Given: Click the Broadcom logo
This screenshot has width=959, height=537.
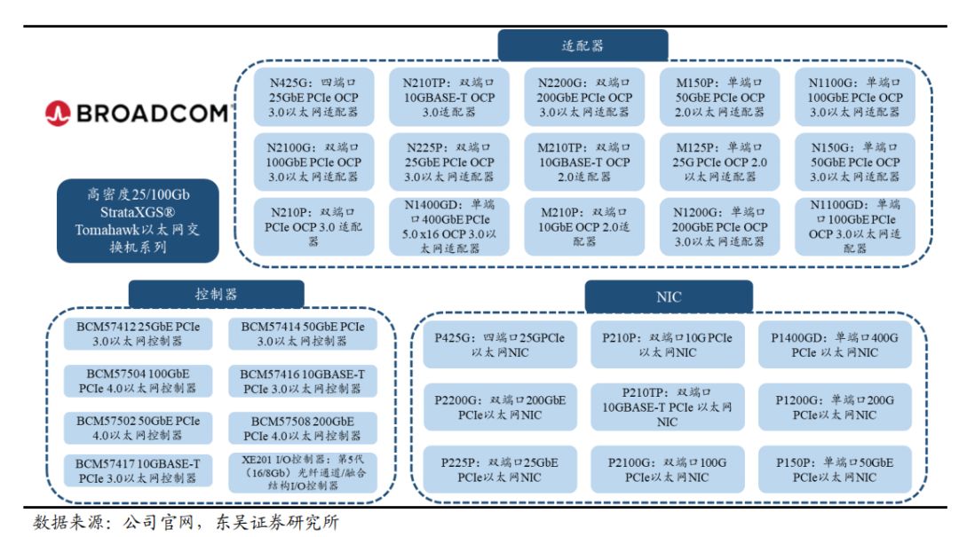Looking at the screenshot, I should [x=138, y=113].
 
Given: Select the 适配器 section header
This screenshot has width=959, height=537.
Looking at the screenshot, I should [x=582, y=46].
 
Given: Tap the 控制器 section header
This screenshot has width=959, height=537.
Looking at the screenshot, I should [x=216, y=294].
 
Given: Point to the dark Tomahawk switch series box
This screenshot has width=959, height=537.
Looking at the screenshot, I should [x=138, y=221].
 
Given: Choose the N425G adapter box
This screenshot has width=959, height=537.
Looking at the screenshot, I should [x=315, y=97].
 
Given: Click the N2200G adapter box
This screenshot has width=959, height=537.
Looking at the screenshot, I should [x=585, y=97].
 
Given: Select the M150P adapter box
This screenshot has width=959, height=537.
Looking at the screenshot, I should [x=719, y=97].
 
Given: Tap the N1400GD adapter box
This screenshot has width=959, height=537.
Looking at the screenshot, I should [x=449, y=226].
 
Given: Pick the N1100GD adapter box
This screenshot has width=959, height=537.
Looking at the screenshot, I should [x=854, y=226].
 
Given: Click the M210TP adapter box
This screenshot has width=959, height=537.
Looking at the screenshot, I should [x=584, y=162].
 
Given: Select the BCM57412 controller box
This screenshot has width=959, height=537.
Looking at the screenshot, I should [x=138, y=334].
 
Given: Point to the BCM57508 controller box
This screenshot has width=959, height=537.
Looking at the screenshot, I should [x=302, y=428].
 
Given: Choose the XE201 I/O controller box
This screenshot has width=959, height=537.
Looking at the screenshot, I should [x=302, y=472].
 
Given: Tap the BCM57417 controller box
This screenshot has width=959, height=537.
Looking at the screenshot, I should [x=138, y=470].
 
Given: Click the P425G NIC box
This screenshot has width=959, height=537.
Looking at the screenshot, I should [x=500, y=345].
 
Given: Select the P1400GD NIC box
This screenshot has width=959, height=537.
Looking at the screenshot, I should [x=835, y=345].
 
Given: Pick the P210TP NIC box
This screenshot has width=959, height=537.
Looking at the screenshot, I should [x=667, y=407].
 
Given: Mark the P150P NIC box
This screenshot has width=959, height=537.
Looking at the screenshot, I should [x=835, y=470].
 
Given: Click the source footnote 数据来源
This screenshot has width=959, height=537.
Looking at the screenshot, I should [x=186, y=522].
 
